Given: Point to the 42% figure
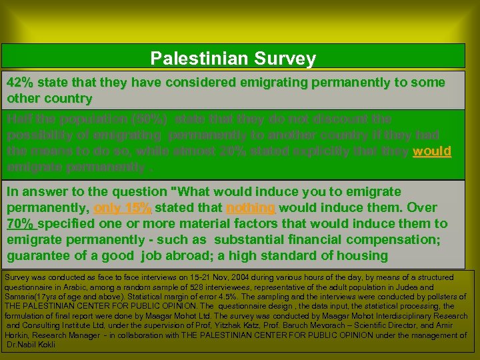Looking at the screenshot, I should (x=20, y=83).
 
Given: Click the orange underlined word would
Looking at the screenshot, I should (x=432, y=151).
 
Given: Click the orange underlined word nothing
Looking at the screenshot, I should (x=251, y=207).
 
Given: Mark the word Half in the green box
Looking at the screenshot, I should (x=19, y=119).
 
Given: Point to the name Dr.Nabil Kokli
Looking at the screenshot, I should (x=31, y=345).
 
